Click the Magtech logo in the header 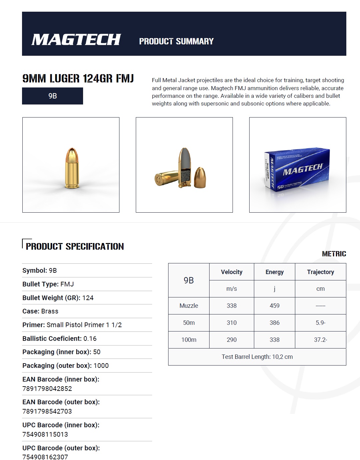76,40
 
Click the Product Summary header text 176,41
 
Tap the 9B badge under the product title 52,96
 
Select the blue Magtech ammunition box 297,170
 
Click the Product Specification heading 75,247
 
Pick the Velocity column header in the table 232,272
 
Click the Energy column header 275,272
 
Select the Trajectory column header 320,272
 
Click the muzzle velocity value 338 232,306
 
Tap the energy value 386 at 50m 275,323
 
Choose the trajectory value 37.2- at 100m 320,340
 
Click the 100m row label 189,340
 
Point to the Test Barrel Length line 257,357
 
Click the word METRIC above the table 334,254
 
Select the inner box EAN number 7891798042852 47,389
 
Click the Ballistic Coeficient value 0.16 90,338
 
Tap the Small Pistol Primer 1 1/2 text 84,325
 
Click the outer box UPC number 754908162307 45,457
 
